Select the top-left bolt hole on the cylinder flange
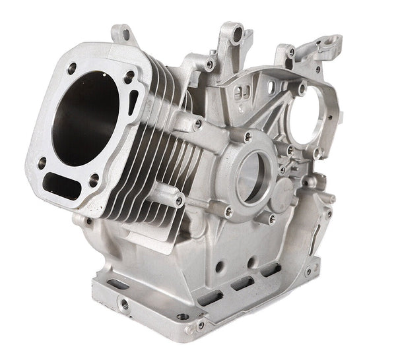(x=71, y=67)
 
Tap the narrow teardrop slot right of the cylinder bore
(x=135, y=100)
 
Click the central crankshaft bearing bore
(x=251, y=175)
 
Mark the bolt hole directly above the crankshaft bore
(x=247, y=137)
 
